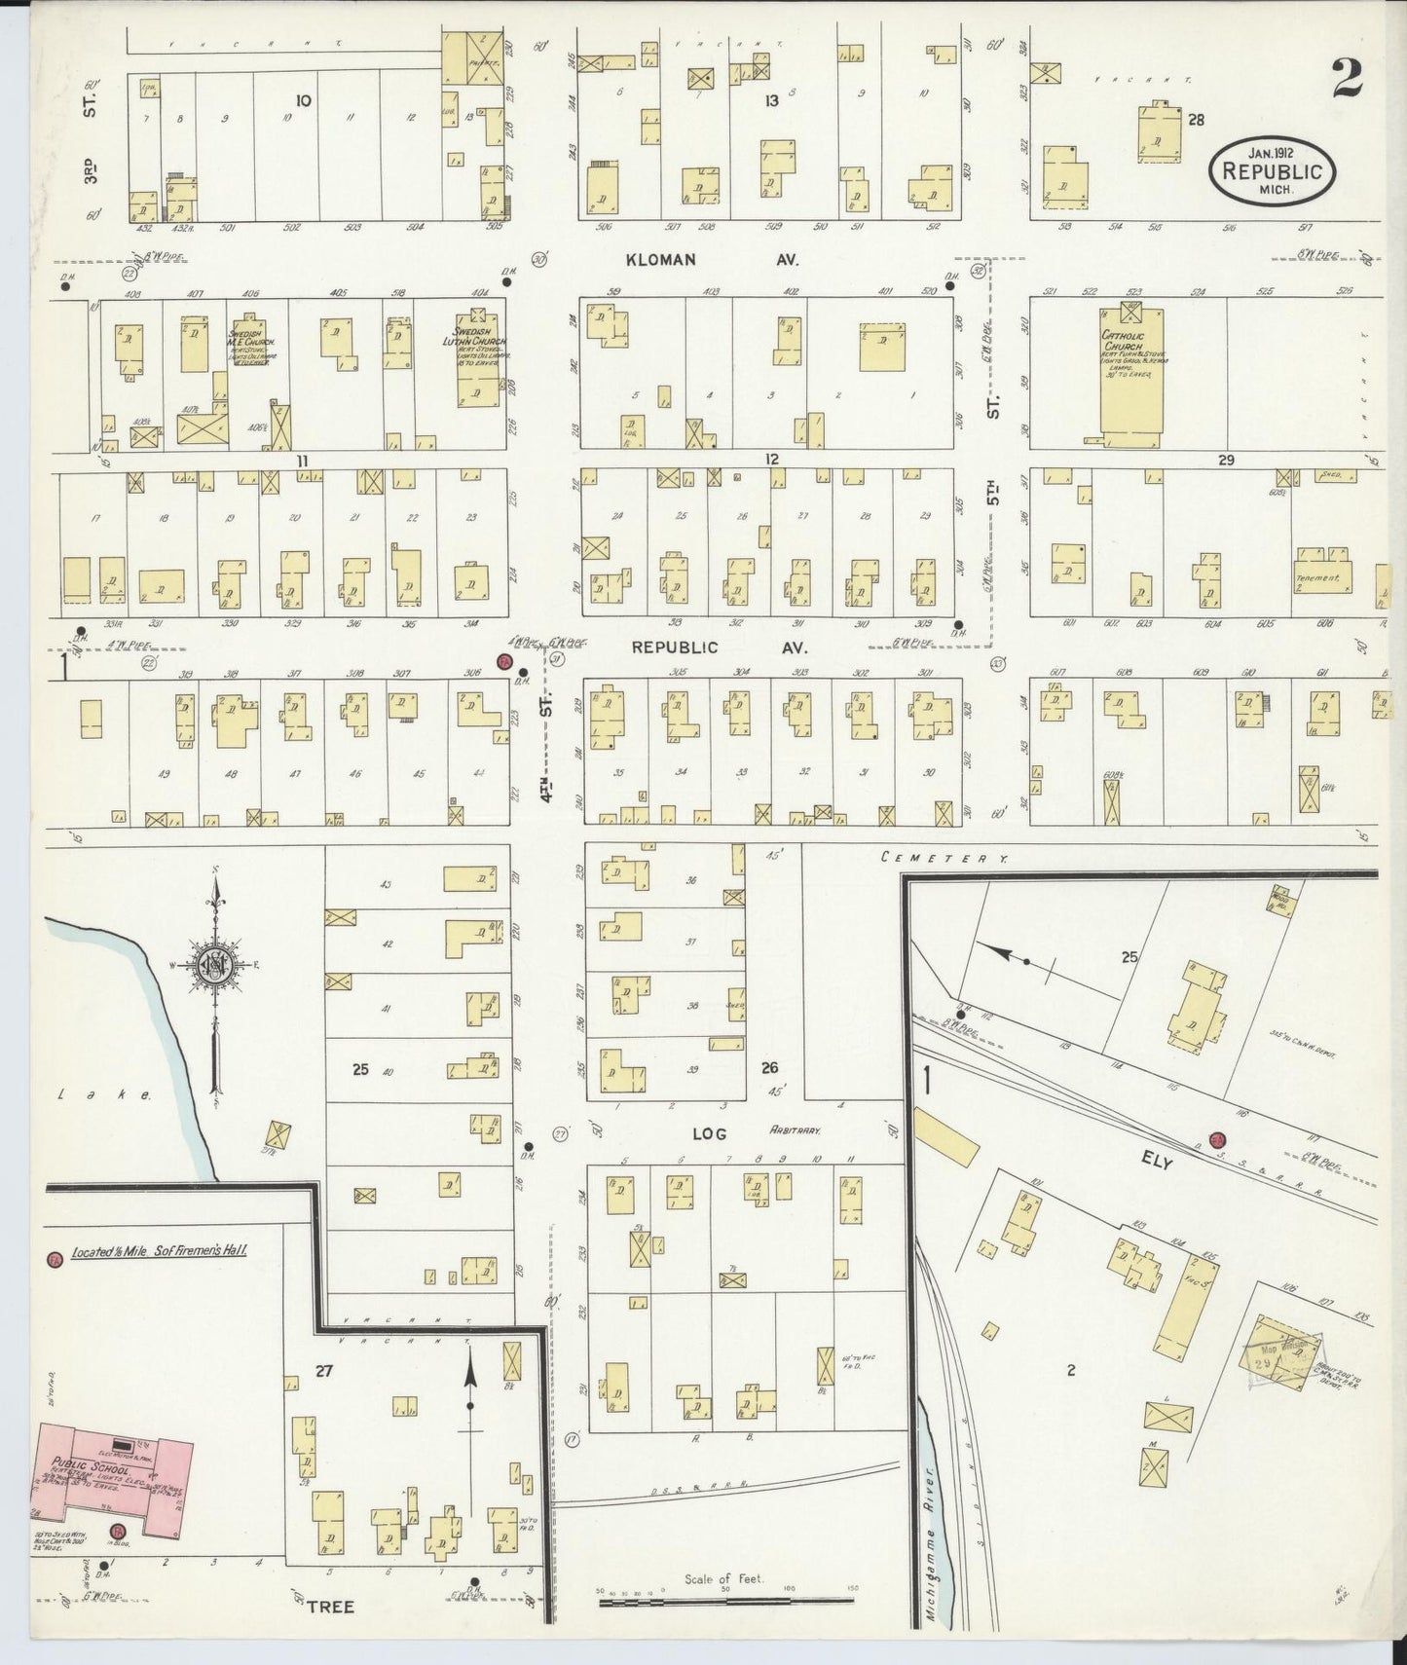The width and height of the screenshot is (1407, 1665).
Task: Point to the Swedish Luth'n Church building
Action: click(x=476, y=360)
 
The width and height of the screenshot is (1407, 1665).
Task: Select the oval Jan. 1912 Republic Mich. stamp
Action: click(x=1273, y=169)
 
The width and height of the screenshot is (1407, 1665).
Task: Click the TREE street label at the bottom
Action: click(x=326, y=1606)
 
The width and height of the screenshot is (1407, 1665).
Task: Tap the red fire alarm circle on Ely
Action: click(x=1215, y=1139)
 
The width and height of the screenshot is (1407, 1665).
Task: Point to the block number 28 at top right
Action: click(x=1197, y=120)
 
